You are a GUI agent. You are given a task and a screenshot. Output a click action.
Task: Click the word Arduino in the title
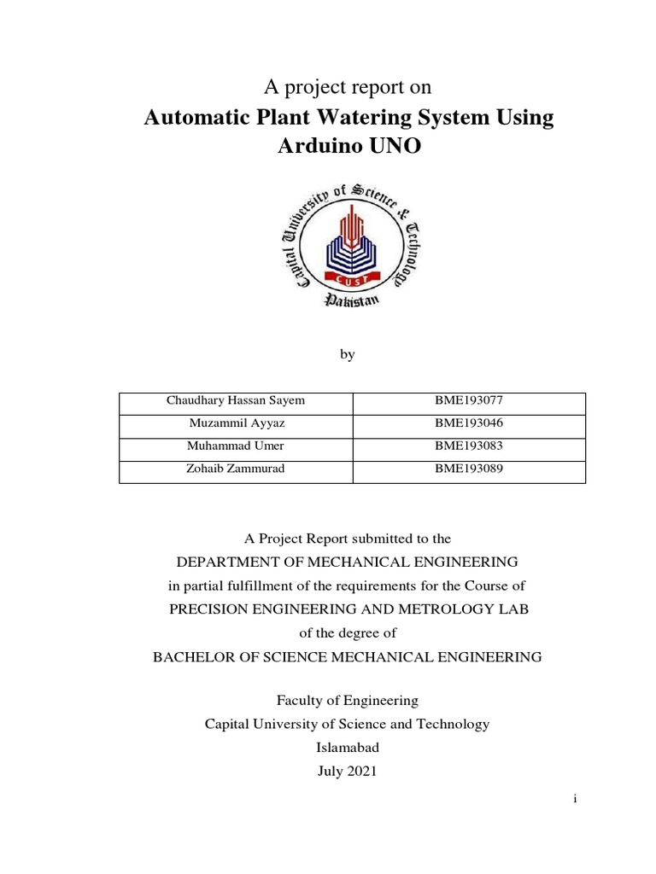point(319,146)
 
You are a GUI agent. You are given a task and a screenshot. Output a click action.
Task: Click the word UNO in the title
point(393,146)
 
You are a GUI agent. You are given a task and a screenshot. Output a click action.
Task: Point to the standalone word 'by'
point(347,353)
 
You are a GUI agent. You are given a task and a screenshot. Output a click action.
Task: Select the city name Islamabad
point(347,746)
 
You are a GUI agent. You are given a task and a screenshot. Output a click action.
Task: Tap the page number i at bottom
point(576,800)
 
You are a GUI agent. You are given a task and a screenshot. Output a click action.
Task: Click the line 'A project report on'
point(347,87)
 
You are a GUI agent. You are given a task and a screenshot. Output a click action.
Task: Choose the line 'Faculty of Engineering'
point(347,700)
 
